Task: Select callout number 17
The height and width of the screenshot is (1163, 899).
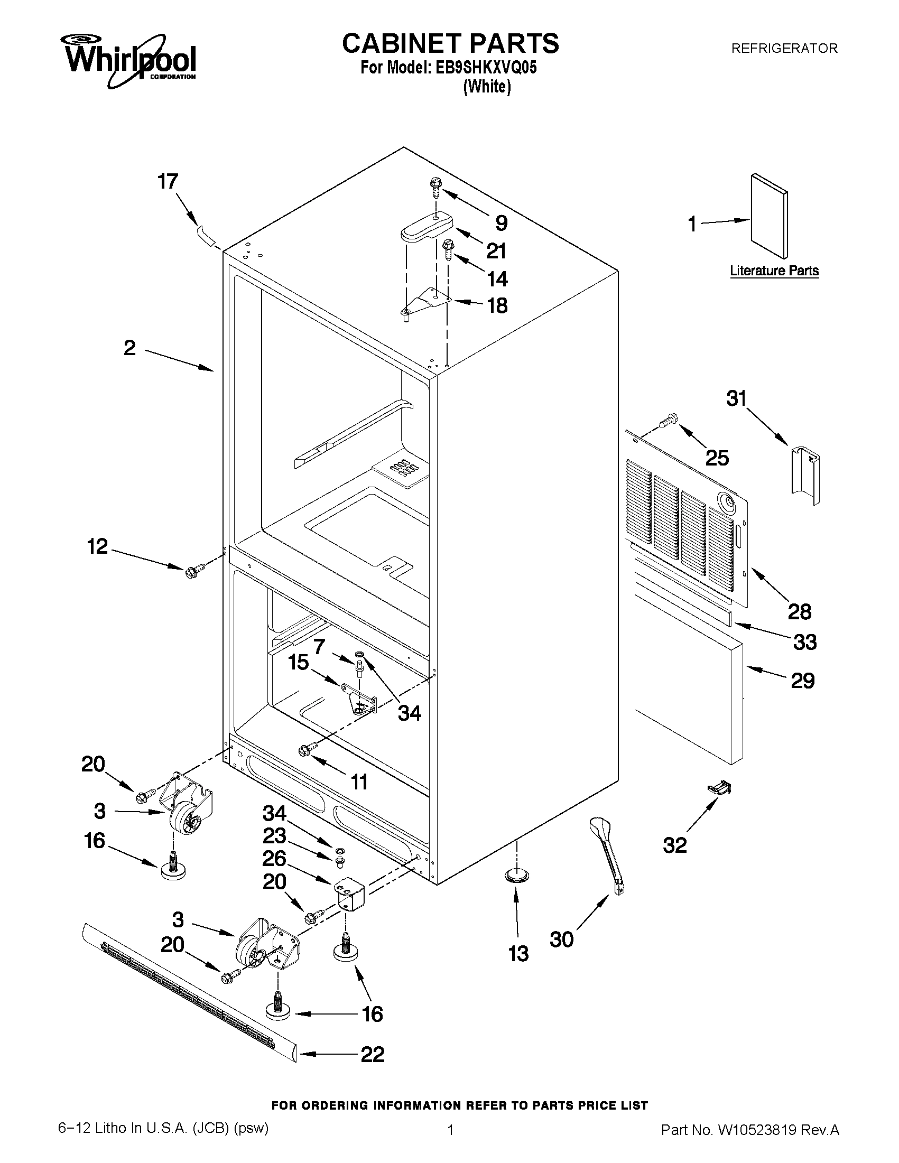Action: [x=168, y=182]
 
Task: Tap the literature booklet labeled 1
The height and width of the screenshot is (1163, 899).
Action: [x=768, y=217]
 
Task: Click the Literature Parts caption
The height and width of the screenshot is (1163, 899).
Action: [x=774, y=271]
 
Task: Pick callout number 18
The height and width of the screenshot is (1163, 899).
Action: [x=497, y=305]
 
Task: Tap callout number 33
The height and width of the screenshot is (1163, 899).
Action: [x=804, y=642]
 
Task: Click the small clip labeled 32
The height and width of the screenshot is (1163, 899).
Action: [x=718, y=788]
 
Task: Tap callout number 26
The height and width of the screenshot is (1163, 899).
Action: [x=274, y=859]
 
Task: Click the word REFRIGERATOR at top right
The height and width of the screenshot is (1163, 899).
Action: [x=784, y=49]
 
